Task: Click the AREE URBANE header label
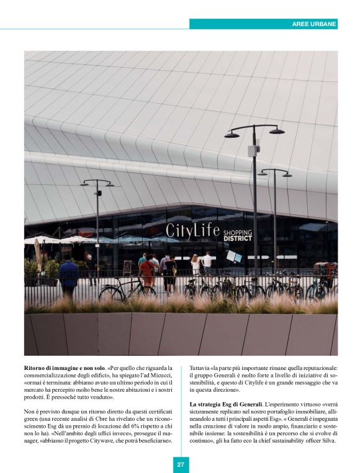click(x=314, y=24)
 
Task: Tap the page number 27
click(x=180, y=464)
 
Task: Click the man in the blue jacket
click(x=68, y=275)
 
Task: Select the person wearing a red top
click(x=146, y=271)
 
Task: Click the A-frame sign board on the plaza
click(x=127, y=268)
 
